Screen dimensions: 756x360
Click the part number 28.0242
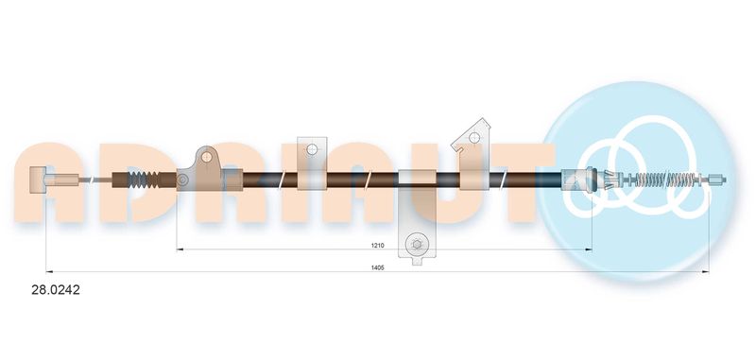coord(56,290)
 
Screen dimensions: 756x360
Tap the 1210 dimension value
coord(377,246)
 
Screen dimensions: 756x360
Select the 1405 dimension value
coord(378,267)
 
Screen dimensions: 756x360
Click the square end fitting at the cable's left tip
coord(37,180)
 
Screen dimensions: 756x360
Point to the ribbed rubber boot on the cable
coord(144,180)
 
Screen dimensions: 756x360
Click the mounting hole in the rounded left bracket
coord(207,156)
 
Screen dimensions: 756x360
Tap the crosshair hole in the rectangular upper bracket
coord(312,149)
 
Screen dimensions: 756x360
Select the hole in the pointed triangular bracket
coord(474,137)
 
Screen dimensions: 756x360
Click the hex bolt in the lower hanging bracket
coord(417,245)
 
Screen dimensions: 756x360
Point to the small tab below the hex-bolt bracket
coord(418,261)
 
